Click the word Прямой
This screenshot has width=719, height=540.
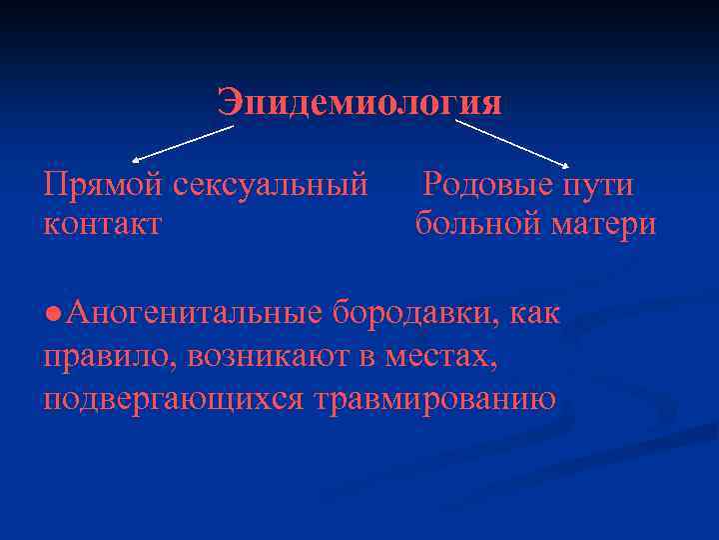(x=103, y=185)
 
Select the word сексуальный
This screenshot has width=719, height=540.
(x=271, y=185)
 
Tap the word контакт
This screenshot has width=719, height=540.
(x=103, y=223)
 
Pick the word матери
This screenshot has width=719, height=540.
(x=603, y=223)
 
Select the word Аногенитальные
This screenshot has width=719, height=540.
(x=195, y=313)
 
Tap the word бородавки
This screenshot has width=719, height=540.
(x=416, y=313)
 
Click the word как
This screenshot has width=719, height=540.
(x=535, y=313)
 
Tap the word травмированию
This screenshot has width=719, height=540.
(x=434, y=398)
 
